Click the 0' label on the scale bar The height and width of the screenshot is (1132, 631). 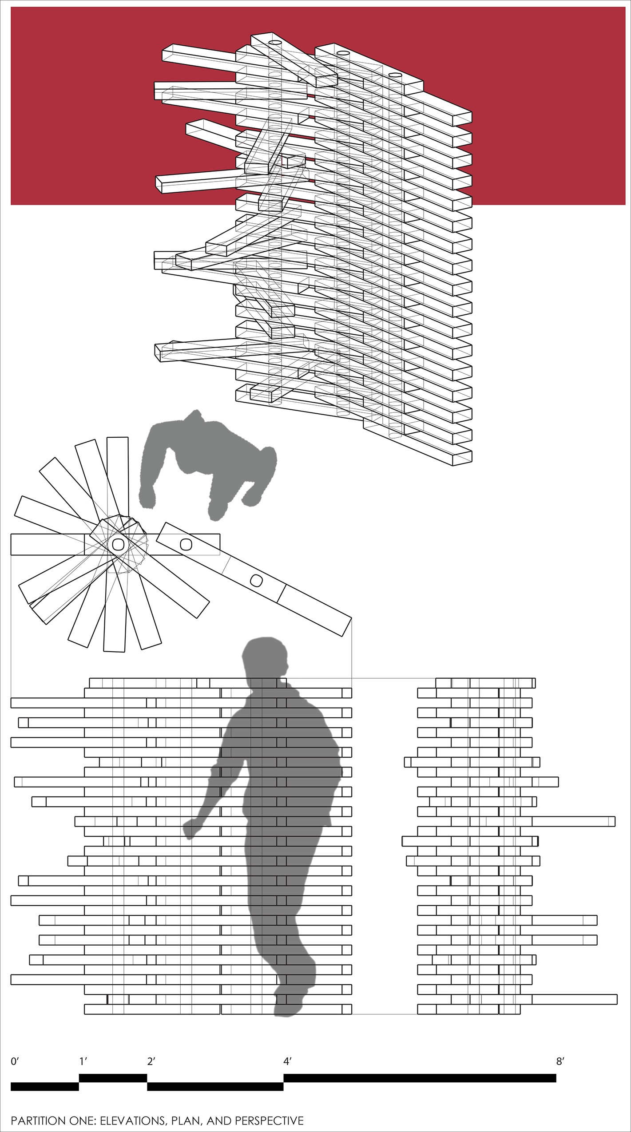[x=15, y=1061]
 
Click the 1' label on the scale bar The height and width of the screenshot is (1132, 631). [x=83, y=1061]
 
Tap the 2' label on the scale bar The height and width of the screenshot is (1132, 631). [x=151, y=1061]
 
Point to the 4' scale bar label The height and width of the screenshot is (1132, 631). [x=287, y=1061]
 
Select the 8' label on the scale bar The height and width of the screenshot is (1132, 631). [x=560, y=1061]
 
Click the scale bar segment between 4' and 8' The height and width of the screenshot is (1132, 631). [x=420, y=1078]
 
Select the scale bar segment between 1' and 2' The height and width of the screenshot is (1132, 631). [x=113, y=1078]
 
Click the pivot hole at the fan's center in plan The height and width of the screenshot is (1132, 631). [x=118, y=544]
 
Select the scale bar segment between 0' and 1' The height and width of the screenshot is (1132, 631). [x=45, y=1086]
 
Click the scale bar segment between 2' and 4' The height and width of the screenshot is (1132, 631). [x=215, y=1086]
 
